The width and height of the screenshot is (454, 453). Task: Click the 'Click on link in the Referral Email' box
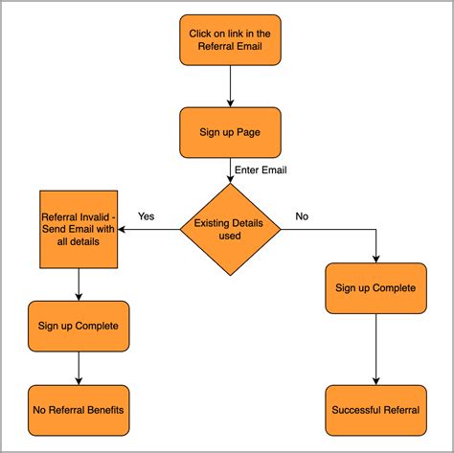point(230,40)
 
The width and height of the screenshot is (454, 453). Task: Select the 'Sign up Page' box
point(230,131)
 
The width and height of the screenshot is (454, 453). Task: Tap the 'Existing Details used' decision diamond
point(231,229)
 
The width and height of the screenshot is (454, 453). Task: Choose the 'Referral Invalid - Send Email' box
point(77,230)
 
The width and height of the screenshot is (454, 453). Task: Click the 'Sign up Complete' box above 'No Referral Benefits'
point(77,326)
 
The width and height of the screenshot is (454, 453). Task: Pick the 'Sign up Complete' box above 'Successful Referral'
point(375,288)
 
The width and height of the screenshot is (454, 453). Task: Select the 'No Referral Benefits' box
point(77,410)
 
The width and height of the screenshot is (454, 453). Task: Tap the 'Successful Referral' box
point(375,410)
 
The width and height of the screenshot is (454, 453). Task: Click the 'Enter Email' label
point(261,170)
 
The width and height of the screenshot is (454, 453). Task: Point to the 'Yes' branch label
point(147,215)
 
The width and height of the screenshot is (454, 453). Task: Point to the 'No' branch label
point(302,216)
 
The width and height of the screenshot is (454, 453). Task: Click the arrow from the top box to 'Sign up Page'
point(230,85)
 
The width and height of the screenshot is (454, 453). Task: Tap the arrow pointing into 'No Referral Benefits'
point(77,369)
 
